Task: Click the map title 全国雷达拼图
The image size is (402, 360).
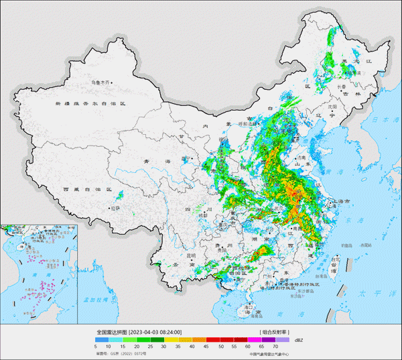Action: (x=111, y=332)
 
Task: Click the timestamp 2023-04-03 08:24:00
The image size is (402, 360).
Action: (x=155, y=332)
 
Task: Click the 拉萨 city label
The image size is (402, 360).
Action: (x=115, y=208)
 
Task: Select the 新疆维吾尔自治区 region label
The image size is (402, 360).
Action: (x=90, y=104)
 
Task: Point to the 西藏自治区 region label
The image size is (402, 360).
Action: (x=87, y=190)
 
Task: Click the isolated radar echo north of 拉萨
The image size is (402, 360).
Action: (x=120, y=196)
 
